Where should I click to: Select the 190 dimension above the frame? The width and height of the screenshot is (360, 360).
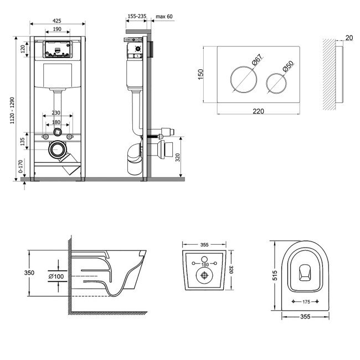coord(57,29)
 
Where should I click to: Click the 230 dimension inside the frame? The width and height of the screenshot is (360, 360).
coord(57,113)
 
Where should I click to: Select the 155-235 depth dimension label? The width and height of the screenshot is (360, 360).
coord(135,17)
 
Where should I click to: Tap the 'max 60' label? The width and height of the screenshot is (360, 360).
coord(164,17)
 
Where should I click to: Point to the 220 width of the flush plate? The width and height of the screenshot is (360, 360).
coord(258,111)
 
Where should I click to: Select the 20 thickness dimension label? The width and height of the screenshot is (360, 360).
coord(347,38)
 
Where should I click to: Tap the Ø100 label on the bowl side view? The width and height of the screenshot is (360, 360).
coord(55,275)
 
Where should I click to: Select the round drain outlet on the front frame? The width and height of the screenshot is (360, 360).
coord(56,149)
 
